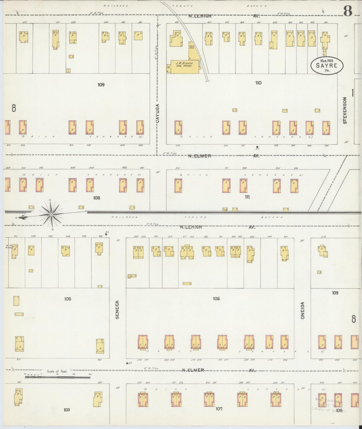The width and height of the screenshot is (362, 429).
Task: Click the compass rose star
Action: point(51,215)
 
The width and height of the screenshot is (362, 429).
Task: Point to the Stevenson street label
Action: point(345,110)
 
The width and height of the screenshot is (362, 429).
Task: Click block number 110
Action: point(258,83)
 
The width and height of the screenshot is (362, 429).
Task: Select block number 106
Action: point(216,299)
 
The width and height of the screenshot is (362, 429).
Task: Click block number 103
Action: point(67,410)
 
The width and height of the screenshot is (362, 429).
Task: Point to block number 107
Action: point(219,409)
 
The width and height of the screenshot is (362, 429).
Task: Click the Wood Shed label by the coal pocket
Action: point(191,46)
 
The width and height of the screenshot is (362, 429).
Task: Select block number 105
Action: point(68,299)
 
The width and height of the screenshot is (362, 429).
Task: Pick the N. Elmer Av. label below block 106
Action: point(193,370)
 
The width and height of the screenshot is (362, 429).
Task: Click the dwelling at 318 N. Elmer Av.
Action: point(178,128)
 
